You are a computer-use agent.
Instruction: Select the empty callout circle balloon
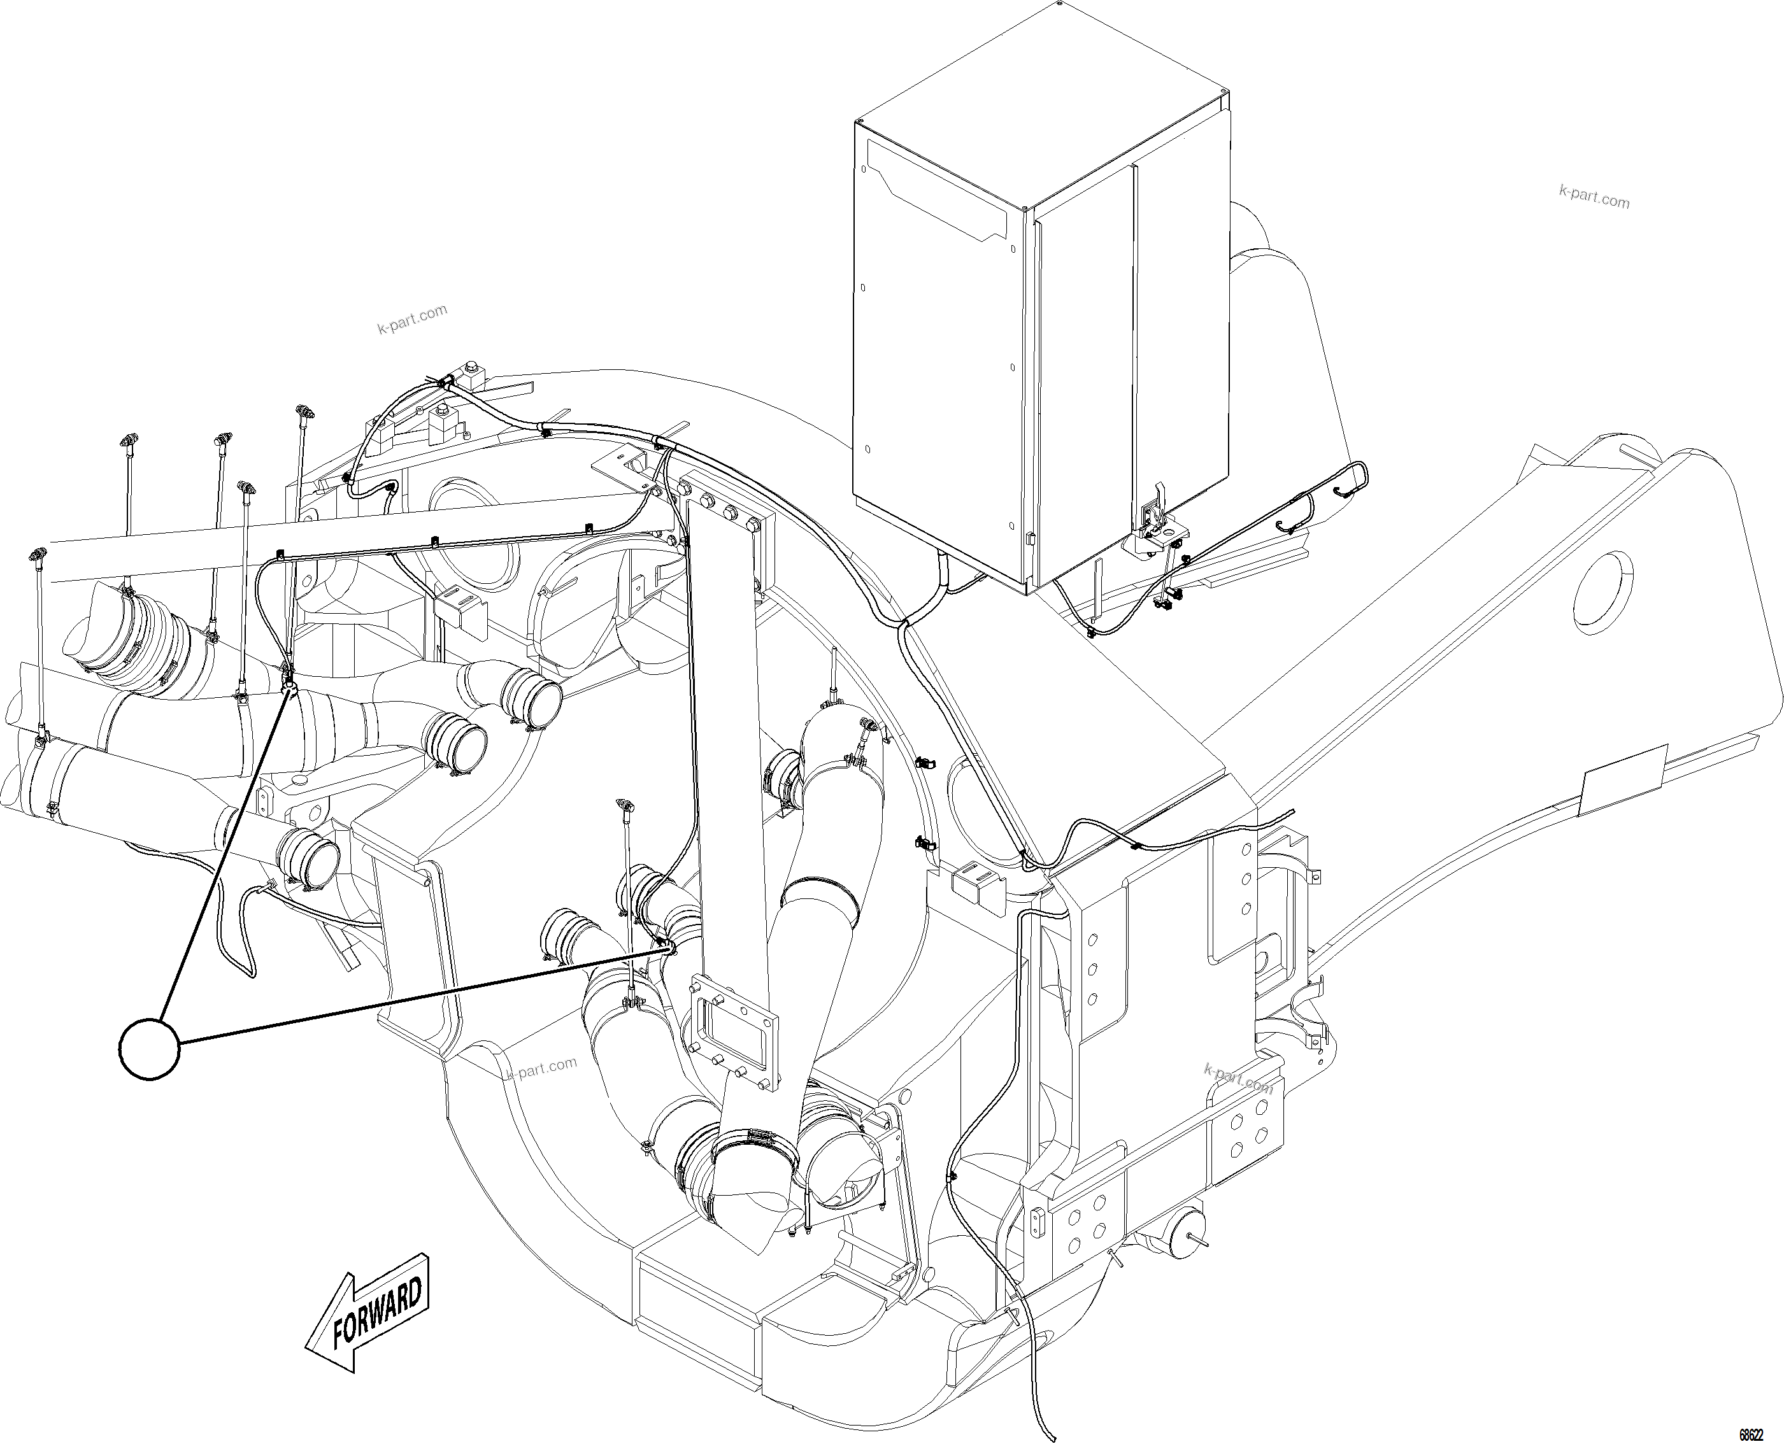(x=150, y=1050)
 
